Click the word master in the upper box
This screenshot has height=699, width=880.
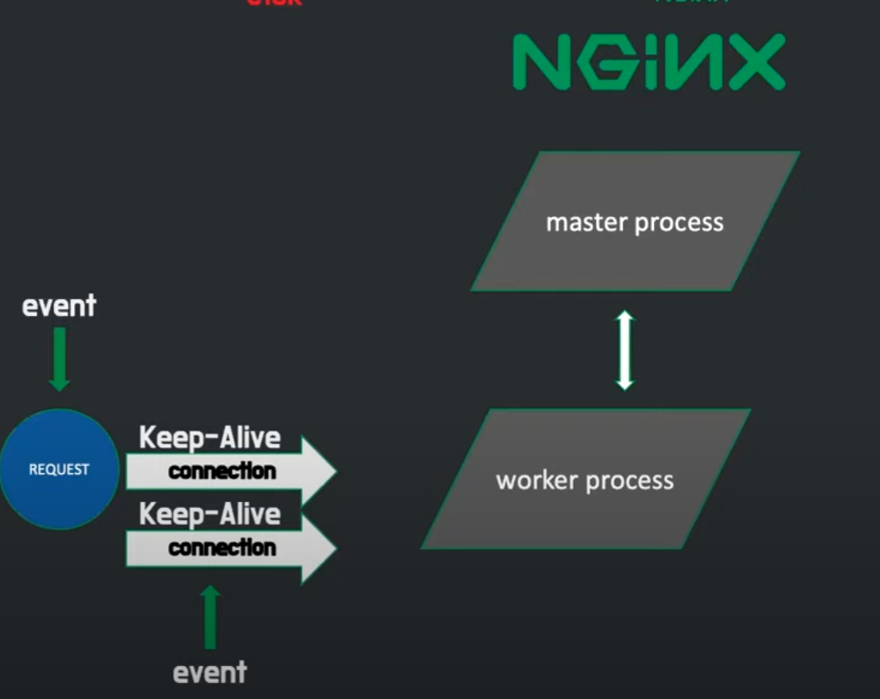click(x=587, y=222)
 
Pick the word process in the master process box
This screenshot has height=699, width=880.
click(x=679, y=223)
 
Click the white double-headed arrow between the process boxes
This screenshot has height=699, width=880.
click(x=624, y=351)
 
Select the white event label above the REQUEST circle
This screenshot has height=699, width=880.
click(x=59, y=306)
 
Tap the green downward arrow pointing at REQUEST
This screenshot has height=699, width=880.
click(x=59, y=362)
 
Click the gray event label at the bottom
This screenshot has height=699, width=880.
click(x=210, y=672)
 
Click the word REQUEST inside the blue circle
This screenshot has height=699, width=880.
click(x=59, y=470)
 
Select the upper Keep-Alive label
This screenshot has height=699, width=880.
click(x=210, y=438)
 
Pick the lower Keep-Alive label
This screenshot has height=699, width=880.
click(x=210, y=515)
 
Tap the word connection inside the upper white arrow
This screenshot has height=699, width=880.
click(x=222, y=471)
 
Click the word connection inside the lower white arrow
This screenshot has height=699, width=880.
click(x=222, y=549)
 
